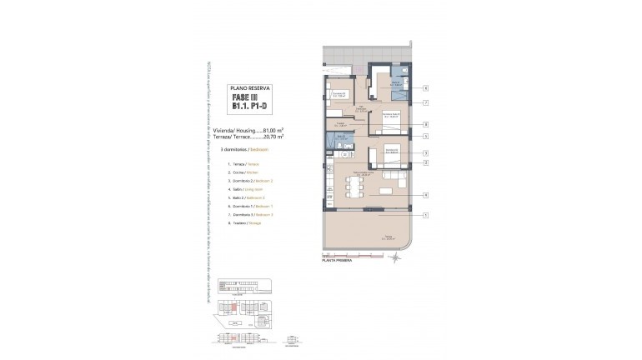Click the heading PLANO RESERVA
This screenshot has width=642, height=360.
coord(248,87)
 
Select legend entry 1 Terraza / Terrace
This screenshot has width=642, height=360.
coord(242,165)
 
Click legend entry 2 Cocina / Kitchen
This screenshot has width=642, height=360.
coord(241,172)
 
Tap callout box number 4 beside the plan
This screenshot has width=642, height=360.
coord(425,195)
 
